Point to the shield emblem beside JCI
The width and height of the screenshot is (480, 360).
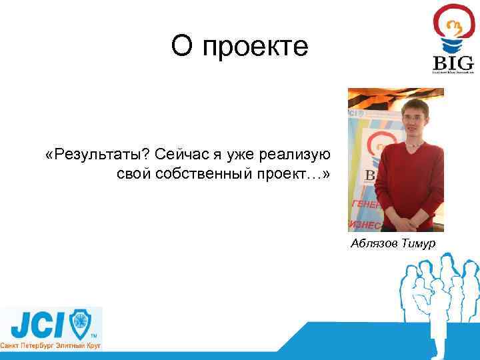click(81, 325)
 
